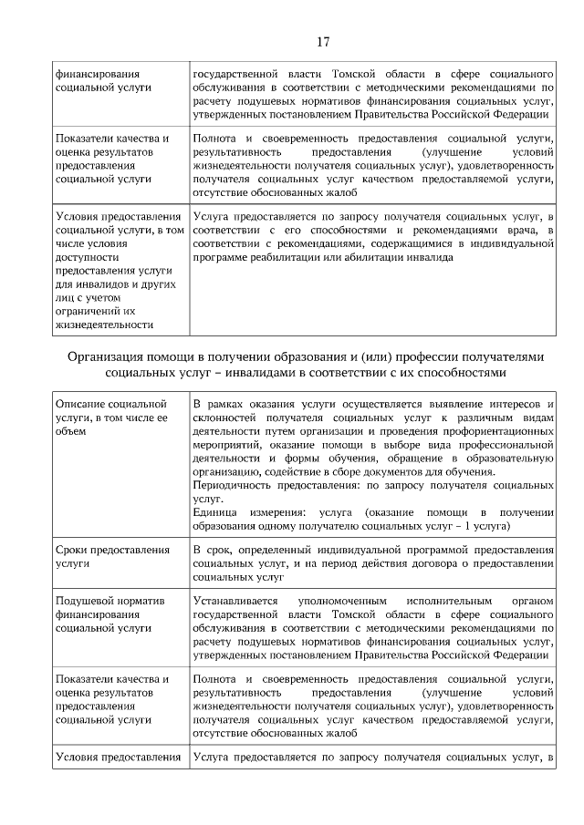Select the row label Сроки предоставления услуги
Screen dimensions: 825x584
click(112, 557)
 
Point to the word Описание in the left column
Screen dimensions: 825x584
click(79, 402)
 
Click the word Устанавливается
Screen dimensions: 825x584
click(237, 602)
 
